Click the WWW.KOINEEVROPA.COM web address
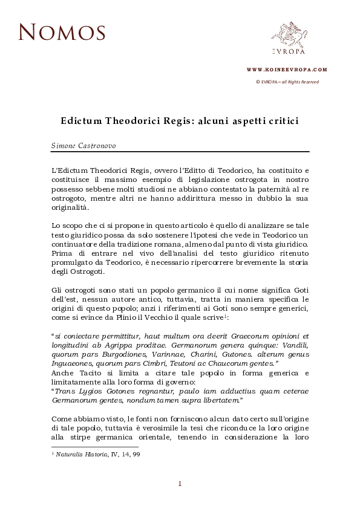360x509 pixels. click(x=287, y=70)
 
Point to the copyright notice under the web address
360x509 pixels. click(x=287, y=82)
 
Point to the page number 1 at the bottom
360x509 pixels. click(x=180, y=482)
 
